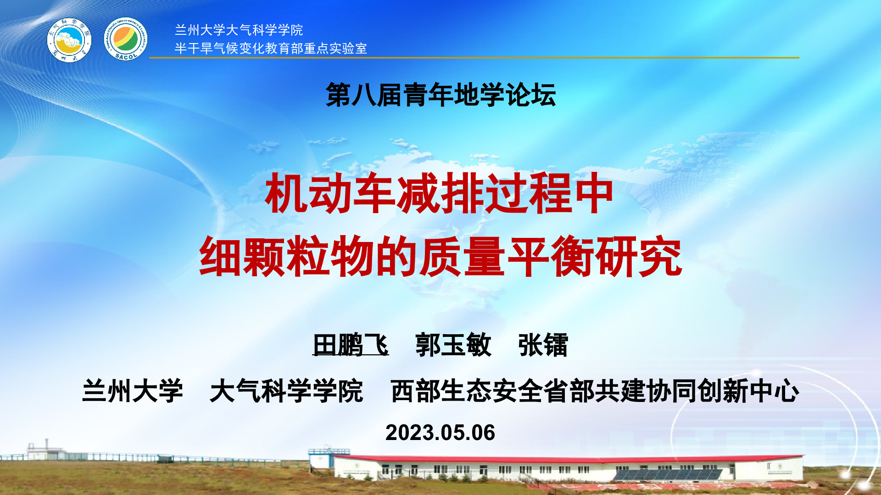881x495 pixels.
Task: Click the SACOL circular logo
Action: coord(125,39)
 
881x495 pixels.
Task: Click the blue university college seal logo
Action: coord(69,40)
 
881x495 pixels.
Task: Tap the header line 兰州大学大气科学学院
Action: coord(239,30)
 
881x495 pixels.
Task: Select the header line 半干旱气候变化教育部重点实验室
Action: coord(271,48)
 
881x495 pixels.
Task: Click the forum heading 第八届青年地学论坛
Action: coord(440,95)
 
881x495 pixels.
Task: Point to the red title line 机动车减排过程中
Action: coord(440,193)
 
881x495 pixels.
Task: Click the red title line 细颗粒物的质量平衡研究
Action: coord(440,257)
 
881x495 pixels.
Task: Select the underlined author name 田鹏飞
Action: coord(351,345)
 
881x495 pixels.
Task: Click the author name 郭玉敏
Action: coord(453,345)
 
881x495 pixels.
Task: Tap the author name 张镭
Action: coord(543,345)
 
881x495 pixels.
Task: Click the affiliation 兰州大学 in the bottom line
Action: coord(133,391)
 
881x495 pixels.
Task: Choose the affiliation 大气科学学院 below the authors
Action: coord(286,391)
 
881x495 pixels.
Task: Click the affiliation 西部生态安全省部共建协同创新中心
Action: coord(595,391)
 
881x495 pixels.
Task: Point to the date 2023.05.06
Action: coord(440,433)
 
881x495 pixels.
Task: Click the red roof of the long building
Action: coord(569,459)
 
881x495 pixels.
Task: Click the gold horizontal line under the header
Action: coord(474,58)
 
